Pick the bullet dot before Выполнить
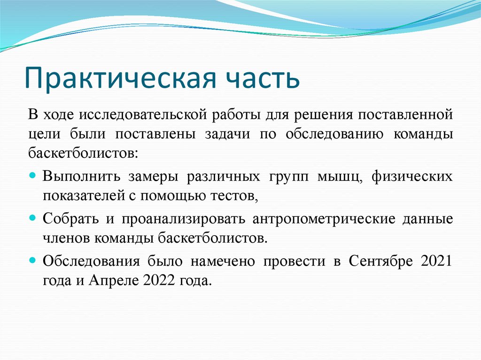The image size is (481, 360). click(32, 176)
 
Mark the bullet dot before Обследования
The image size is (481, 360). click(32, 260)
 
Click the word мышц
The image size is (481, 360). click(340, 176)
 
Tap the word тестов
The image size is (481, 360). click(238, 196)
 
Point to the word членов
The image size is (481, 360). click(65, 238)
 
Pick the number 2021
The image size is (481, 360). click(437, 261)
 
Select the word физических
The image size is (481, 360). click(412, 176)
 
